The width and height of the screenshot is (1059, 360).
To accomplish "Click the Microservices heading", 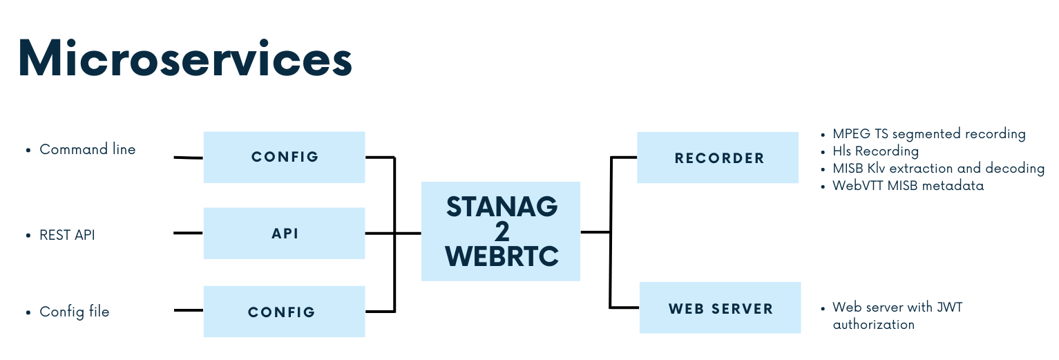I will (184, 57).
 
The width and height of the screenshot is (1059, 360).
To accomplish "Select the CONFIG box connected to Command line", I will (284, 157).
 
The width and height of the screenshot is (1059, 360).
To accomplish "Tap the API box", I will (284, 234).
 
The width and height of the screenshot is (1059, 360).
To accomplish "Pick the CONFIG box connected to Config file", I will (284, 312).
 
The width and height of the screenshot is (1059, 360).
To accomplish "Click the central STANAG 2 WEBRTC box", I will (501, 231).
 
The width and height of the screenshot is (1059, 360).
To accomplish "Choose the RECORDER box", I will (718, 158).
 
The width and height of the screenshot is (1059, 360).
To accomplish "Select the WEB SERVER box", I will (720, 308).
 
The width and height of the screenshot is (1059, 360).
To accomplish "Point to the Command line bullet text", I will (87, 149).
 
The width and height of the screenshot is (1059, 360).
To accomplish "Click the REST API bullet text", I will (67, 235).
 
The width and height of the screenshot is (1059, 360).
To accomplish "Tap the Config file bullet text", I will (74, 312).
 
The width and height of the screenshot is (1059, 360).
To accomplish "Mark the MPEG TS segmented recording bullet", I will (928, 134).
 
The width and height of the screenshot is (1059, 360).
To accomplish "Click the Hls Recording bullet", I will (875, 151).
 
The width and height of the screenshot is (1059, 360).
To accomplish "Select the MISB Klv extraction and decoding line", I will (938, 168).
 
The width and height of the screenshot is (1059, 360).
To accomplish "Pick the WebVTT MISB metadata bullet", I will (908, 185).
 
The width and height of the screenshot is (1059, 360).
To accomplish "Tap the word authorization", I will (873, 324).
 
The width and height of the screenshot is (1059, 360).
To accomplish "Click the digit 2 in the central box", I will (502, 231).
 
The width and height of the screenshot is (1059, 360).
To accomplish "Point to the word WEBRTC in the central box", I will (502, 256).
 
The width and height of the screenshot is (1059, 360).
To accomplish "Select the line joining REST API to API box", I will (188, 233).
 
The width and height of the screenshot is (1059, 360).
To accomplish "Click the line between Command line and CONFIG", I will (188, 158).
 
